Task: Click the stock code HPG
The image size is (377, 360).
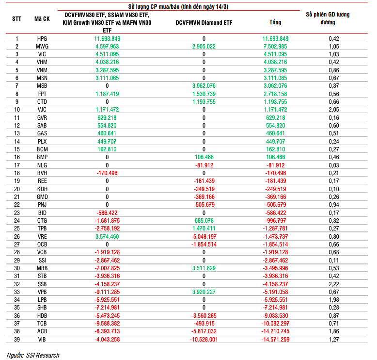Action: coord(42,38)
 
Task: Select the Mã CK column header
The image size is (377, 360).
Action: coord(42,19)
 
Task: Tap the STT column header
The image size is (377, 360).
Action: coord(16,19)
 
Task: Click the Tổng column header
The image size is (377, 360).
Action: coord(275,22)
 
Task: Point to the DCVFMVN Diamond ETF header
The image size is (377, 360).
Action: coord(204,22)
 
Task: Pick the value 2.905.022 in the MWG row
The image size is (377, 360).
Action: coord(204,46)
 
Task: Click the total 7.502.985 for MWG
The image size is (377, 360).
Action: coord(275,46)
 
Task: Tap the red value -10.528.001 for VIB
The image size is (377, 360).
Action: coord(204,339)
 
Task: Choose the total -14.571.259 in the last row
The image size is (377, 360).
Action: coord(275,339)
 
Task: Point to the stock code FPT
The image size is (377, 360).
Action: coord(42,94)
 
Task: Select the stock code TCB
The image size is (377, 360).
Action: coord(42,323)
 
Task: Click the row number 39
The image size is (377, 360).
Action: coord(16,339)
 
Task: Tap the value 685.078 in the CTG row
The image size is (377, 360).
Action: coord(204,221)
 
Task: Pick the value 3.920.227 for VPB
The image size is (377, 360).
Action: coord(204,292)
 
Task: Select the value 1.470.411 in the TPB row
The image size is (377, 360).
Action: coord(204,229)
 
